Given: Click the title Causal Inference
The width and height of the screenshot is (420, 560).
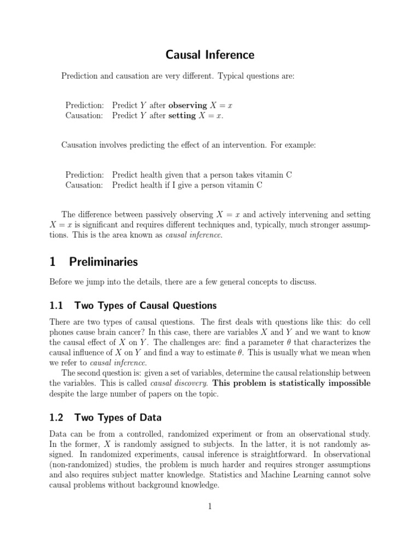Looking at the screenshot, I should pyautogui.click(x=210, y=55).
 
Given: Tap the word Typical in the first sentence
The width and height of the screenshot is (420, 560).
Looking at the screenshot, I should pyautogui.click(x=232, y=76).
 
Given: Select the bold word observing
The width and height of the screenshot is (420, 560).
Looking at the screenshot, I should pyautogui.click(x=188, y=105).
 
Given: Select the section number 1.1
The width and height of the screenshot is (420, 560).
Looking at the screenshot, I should pyautogui.click(x=57, y=305).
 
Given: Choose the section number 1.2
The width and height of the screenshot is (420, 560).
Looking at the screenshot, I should pyautogui.click(x=57, y=417).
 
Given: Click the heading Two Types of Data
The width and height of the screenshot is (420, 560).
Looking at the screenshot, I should pyautogui.click(x=118, y=417).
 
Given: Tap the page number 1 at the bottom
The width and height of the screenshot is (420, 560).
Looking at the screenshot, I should pyautogui.click(x=209, y=507).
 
